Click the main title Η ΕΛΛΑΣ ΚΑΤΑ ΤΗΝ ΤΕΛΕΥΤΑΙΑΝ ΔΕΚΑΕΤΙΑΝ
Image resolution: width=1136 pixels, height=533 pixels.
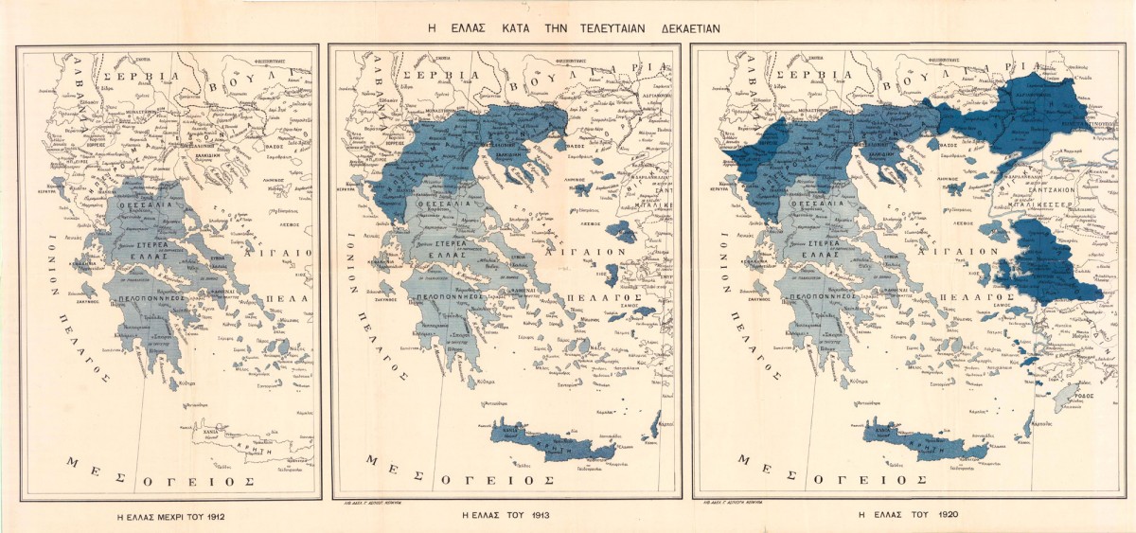pyautogui.click(x=574, y=28)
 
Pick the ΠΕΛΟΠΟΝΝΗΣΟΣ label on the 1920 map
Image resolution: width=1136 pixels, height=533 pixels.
pyautogui.click(x=808, y=295)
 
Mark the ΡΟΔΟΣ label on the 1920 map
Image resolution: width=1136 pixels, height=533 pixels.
pyautogui.click(x=1085, y=396)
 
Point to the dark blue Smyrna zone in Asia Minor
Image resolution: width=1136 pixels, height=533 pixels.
pyautogui.click(x=1046, y=260)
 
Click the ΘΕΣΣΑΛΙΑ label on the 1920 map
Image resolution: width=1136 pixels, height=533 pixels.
pyautogui.click(x=811, y=203)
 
